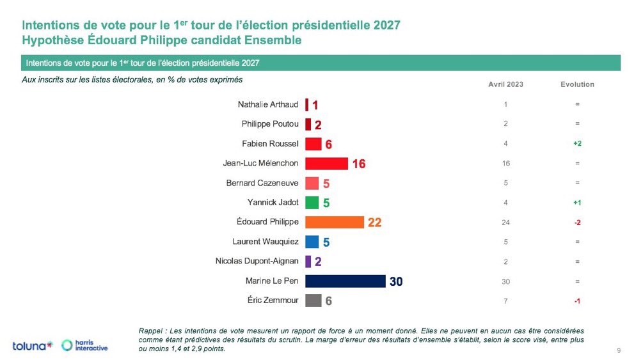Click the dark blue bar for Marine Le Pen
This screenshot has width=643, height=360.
tap(345, 281)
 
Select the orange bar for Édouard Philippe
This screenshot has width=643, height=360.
tap(335, 223)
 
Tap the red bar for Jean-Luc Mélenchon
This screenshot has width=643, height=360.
tap(326, 164)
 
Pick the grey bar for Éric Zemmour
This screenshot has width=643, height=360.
tap(314, 301)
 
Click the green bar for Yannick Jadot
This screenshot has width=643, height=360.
tap(312, 203)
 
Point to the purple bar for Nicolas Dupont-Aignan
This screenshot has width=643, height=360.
tap(308, 262)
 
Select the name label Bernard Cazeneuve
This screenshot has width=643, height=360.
tap(262, 183)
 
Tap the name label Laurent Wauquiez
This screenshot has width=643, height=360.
tap(266, 242)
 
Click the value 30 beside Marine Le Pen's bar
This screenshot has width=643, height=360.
tap(396, 282)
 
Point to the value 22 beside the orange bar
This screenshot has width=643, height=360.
tap(374, 223)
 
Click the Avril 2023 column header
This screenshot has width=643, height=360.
tap(505, 84)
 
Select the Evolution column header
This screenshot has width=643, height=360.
tap(577, 84)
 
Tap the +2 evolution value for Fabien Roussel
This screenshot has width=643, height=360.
tap(577, 144)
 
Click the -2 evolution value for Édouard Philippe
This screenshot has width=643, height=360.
tap(577, 223)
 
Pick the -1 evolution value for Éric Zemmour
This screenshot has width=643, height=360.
tap(577, 301)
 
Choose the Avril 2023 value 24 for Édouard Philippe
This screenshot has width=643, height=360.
tap(505, 223)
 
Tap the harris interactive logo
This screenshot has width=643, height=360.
tap(85, 346)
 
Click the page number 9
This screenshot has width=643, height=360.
tap(619, 350)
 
